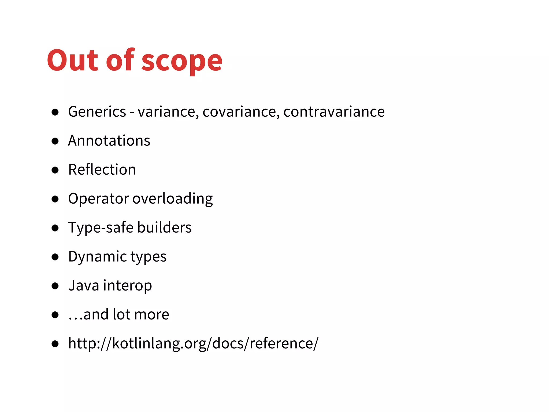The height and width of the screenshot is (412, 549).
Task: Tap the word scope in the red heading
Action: point(182,62)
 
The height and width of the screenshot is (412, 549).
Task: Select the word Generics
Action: point(97,112)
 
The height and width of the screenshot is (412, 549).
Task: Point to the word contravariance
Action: point(334,112)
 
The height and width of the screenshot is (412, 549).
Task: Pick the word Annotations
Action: point(109,141)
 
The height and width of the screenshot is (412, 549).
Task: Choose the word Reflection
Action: point(102,170)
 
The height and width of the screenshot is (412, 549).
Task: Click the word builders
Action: point(164,227)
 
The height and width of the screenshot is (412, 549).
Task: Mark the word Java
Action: point(84,285)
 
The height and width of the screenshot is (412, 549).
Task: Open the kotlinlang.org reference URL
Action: point(193,343)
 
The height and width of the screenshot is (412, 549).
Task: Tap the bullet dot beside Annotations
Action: point(55,141)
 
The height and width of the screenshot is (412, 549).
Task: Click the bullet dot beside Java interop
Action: point(55,286)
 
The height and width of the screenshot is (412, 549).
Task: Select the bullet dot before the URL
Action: point(55,344)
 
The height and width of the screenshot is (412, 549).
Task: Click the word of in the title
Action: point(120,60)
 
